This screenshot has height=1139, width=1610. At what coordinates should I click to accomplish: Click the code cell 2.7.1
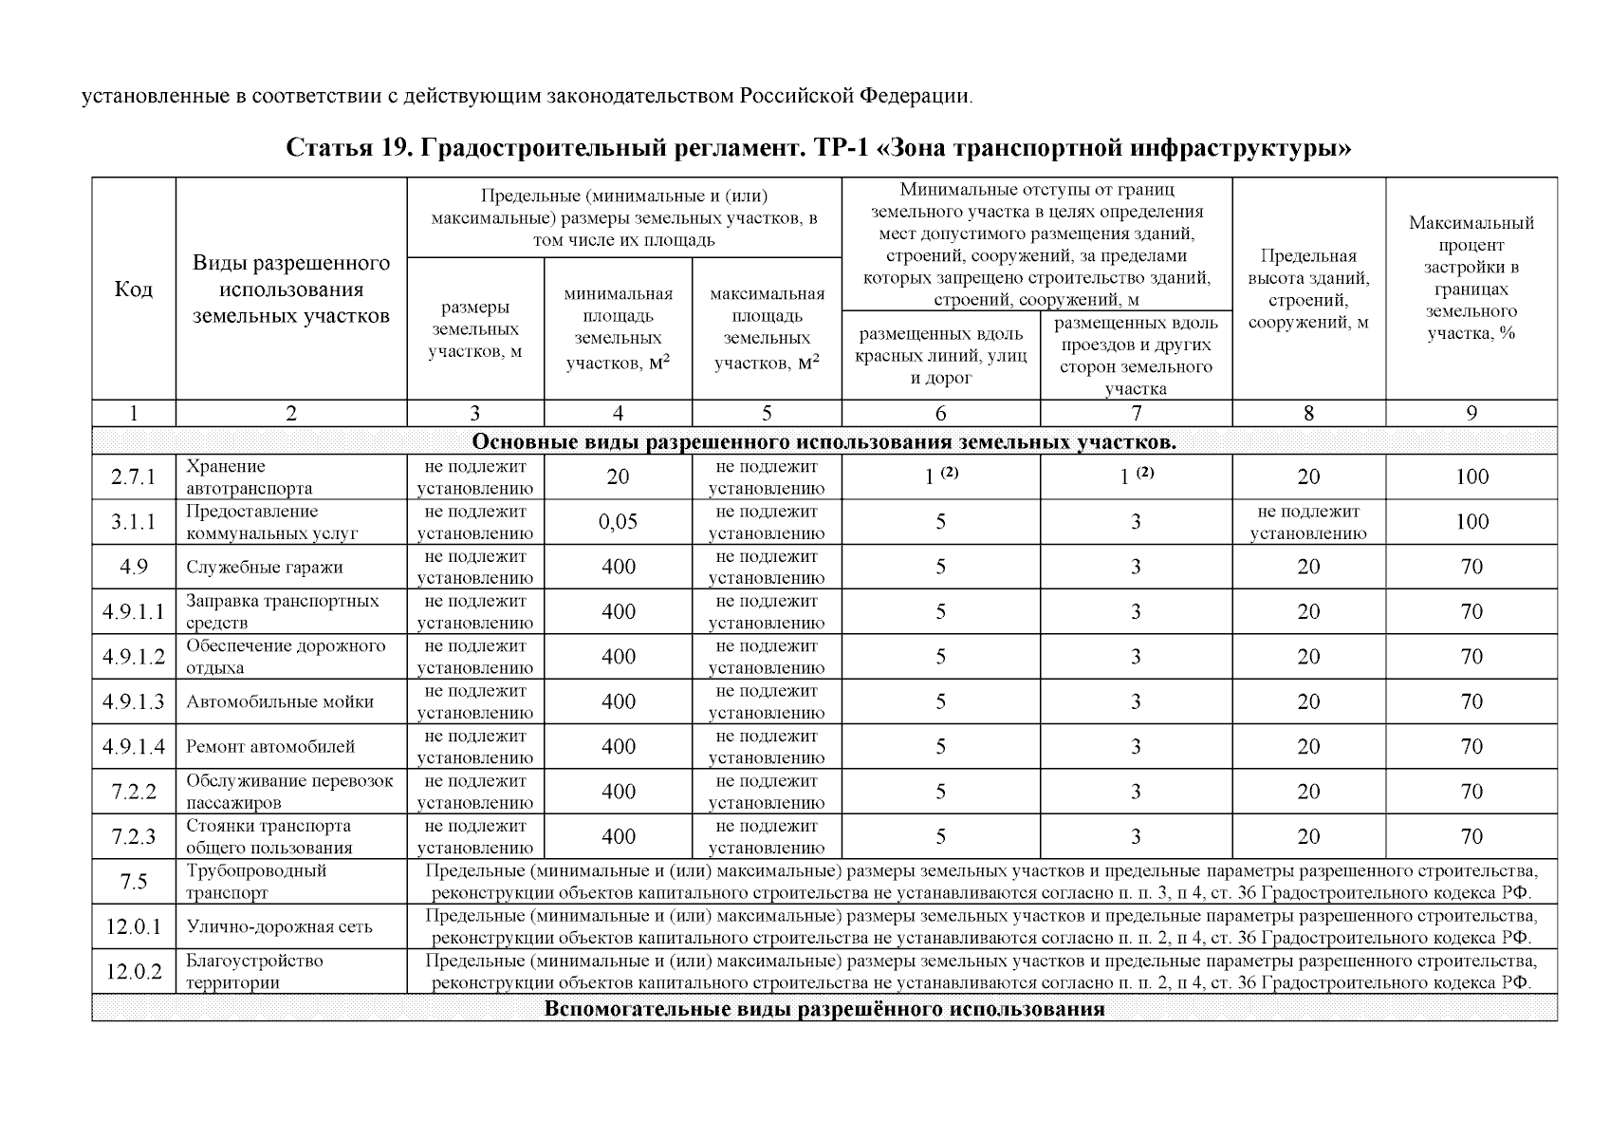coord(133,477)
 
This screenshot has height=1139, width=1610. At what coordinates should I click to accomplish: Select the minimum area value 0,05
coord(618,522)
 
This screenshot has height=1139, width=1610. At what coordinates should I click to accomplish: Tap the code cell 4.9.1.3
coord(133,702)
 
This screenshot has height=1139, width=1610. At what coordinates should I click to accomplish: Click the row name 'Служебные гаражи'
coord(264,568)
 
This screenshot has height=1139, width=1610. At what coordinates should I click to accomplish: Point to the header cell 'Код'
coord(133,289)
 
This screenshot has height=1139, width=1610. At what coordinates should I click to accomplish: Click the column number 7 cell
coord(1136,413)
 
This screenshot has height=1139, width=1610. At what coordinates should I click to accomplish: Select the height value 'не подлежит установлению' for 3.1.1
coord(1308,522)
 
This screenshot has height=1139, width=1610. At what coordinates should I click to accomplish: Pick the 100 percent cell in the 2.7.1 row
coord(1471,477)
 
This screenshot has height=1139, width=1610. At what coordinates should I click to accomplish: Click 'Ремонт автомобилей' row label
coord(270,747)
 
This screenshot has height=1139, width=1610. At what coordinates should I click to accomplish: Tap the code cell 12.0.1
coord(133,927)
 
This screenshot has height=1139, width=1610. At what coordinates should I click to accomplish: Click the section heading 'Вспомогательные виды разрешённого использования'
coord(824,1009)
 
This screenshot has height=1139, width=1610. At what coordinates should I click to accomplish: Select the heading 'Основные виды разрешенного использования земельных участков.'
coord(824,441)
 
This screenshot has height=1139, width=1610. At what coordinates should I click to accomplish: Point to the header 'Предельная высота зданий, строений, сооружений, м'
coord(1308,289)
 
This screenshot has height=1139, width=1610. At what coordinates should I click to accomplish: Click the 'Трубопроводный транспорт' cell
coord(256,882)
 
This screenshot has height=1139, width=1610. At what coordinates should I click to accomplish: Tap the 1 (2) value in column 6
coord(940,477)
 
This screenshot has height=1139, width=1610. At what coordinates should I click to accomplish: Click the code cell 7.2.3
coord(133,837)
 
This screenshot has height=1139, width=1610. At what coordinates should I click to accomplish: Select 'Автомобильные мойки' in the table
coord(279,702)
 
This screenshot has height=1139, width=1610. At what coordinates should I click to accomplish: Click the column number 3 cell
coord(474,413)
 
